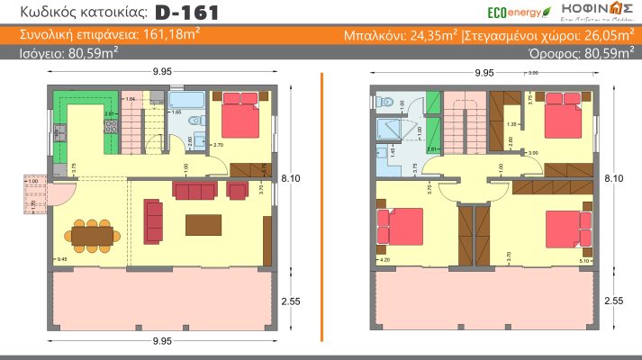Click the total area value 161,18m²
170,36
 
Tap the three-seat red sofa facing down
194,191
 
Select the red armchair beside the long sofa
239,190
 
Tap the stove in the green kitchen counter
111,130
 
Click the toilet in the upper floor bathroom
384,102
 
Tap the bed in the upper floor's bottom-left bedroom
398,225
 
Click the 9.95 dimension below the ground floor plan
162,341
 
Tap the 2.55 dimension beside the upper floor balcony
613,302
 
